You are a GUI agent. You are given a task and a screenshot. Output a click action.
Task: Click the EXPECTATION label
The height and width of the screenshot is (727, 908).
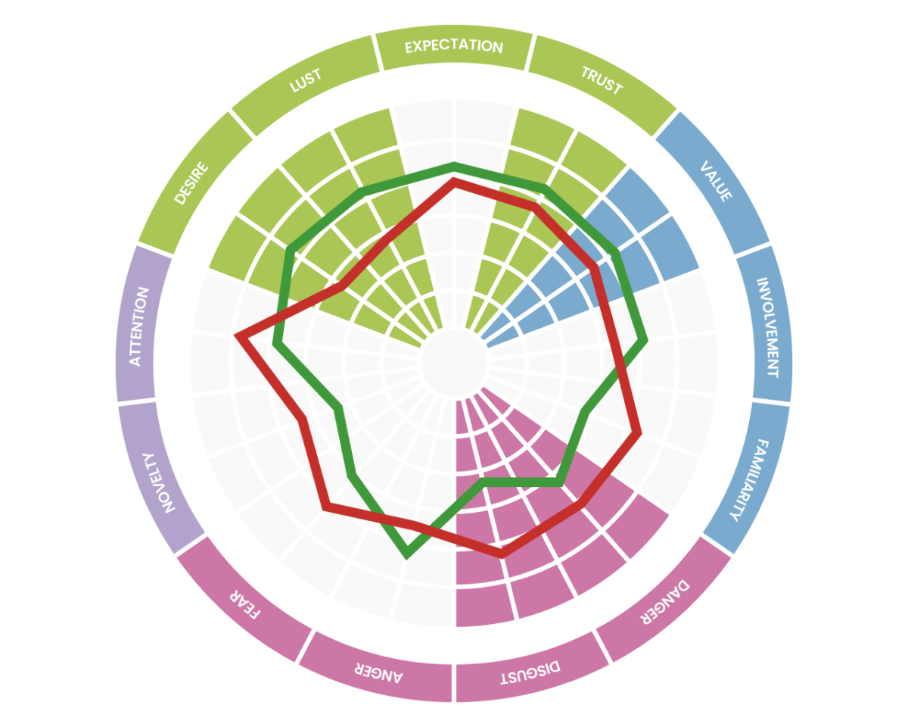click(453, 47)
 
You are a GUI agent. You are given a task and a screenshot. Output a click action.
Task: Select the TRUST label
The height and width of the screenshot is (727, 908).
click(601, 80)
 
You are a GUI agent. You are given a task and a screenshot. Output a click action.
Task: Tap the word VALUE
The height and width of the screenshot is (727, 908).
click(716, 182)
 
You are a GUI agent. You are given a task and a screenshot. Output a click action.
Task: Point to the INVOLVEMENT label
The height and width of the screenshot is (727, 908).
click(767, 327)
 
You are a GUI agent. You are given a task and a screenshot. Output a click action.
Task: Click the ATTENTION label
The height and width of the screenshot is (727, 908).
click(136, 326)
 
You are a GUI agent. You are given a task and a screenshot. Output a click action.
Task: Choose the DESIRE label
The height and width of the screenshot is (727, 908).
click(191, 182)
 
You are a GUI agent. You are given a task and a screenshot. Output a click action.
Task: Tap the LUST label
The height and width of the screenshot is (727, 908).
click(306, 80)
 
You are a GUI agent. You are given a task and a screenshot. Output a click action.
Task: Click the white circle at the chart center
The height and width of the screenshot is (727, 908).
click(453, 363)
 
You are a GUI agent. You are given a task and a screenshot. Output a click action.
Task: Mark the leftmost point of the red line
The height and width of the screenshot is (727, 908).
click(238, 336)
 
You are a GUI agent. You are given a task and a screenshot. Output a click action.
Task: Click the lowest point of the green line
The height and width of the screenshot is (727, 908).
click(408, 554)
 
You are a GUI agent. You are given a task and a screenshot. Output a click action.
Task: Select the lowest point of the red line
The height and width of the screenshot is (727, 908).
click(501, 554)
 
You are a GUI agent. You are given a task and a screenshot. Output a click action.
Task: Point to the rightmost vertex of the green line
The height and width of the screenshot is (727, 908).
click(644, 340)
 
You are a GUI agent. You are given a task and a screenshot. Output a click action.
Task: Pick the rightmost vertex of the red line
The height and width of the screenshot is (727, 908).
click(639, 433)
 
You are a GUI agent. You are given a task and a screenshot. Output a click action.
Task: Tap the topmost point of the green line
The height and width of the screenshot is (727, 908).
click(454, 165)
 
